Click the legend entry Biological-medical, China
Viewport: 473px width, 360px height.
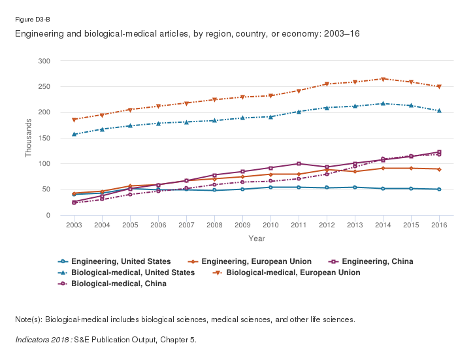[x=118, y=284]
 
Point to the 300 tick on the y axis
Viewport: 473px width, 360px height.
[x=45, y=61]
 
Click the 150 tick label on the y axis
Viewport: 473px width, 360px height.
[x=45, y=138]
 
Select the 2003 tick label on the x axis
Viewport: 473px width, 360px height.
[x=74, y=225]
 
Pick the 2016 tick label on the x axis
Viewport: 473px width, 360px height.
[x=439, y=225]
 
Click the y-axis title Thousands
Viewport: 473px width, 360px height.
[x=28, y=138]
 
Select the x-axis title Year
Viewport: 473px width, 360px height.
[x=256, y=238]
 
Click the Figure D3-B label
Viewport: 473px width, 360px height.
[x=33, y=20]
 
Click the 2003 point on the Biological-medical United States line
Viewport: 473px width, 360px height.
[x=74, y=134]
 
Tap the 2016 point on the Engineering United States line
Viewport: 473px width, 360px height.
[x=439, y=189]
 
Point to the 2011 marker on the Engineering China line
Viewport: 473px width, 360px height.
[x=299, y=163]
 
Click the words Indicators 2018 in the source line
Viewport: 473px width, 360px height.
[x=43, y=340]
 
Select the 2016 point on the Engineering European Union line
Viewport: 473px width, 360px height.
[x=439, y=169]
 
